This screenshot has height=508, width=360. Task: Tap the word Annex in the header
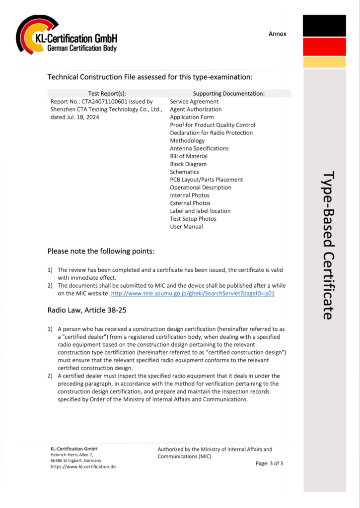click(278, 34)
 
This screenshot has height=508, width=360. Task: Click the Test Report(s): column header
click(107, 93)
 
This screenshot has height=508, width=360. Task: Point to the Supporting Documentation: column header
click(228, 93)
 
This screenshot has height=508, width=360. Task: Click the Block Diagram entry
click(188, 164)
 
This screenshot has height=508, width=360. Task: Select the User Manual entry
click(186, 227)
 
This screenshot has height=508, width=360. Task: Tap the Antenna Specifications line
click(199, 148)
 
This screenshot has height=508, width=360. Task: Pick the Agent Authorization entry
click(196, 110)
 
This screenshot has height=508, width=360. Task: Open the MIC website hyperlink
click(193, 293)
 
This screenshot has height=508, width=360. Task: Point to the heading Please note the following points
click(101, 251)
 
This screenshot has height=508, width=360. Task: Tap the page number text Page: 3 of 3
click(269, 463)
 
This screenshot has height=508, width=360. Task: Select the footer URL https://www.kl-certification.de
click(83, 467)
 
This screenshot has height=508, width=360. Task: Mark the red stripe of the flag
click(324, 47)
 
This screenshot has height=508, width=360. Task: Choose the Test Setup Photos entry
click(193, 219)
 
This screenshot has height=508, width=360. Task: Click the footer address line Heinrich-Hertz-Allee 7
click(72, 454)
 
